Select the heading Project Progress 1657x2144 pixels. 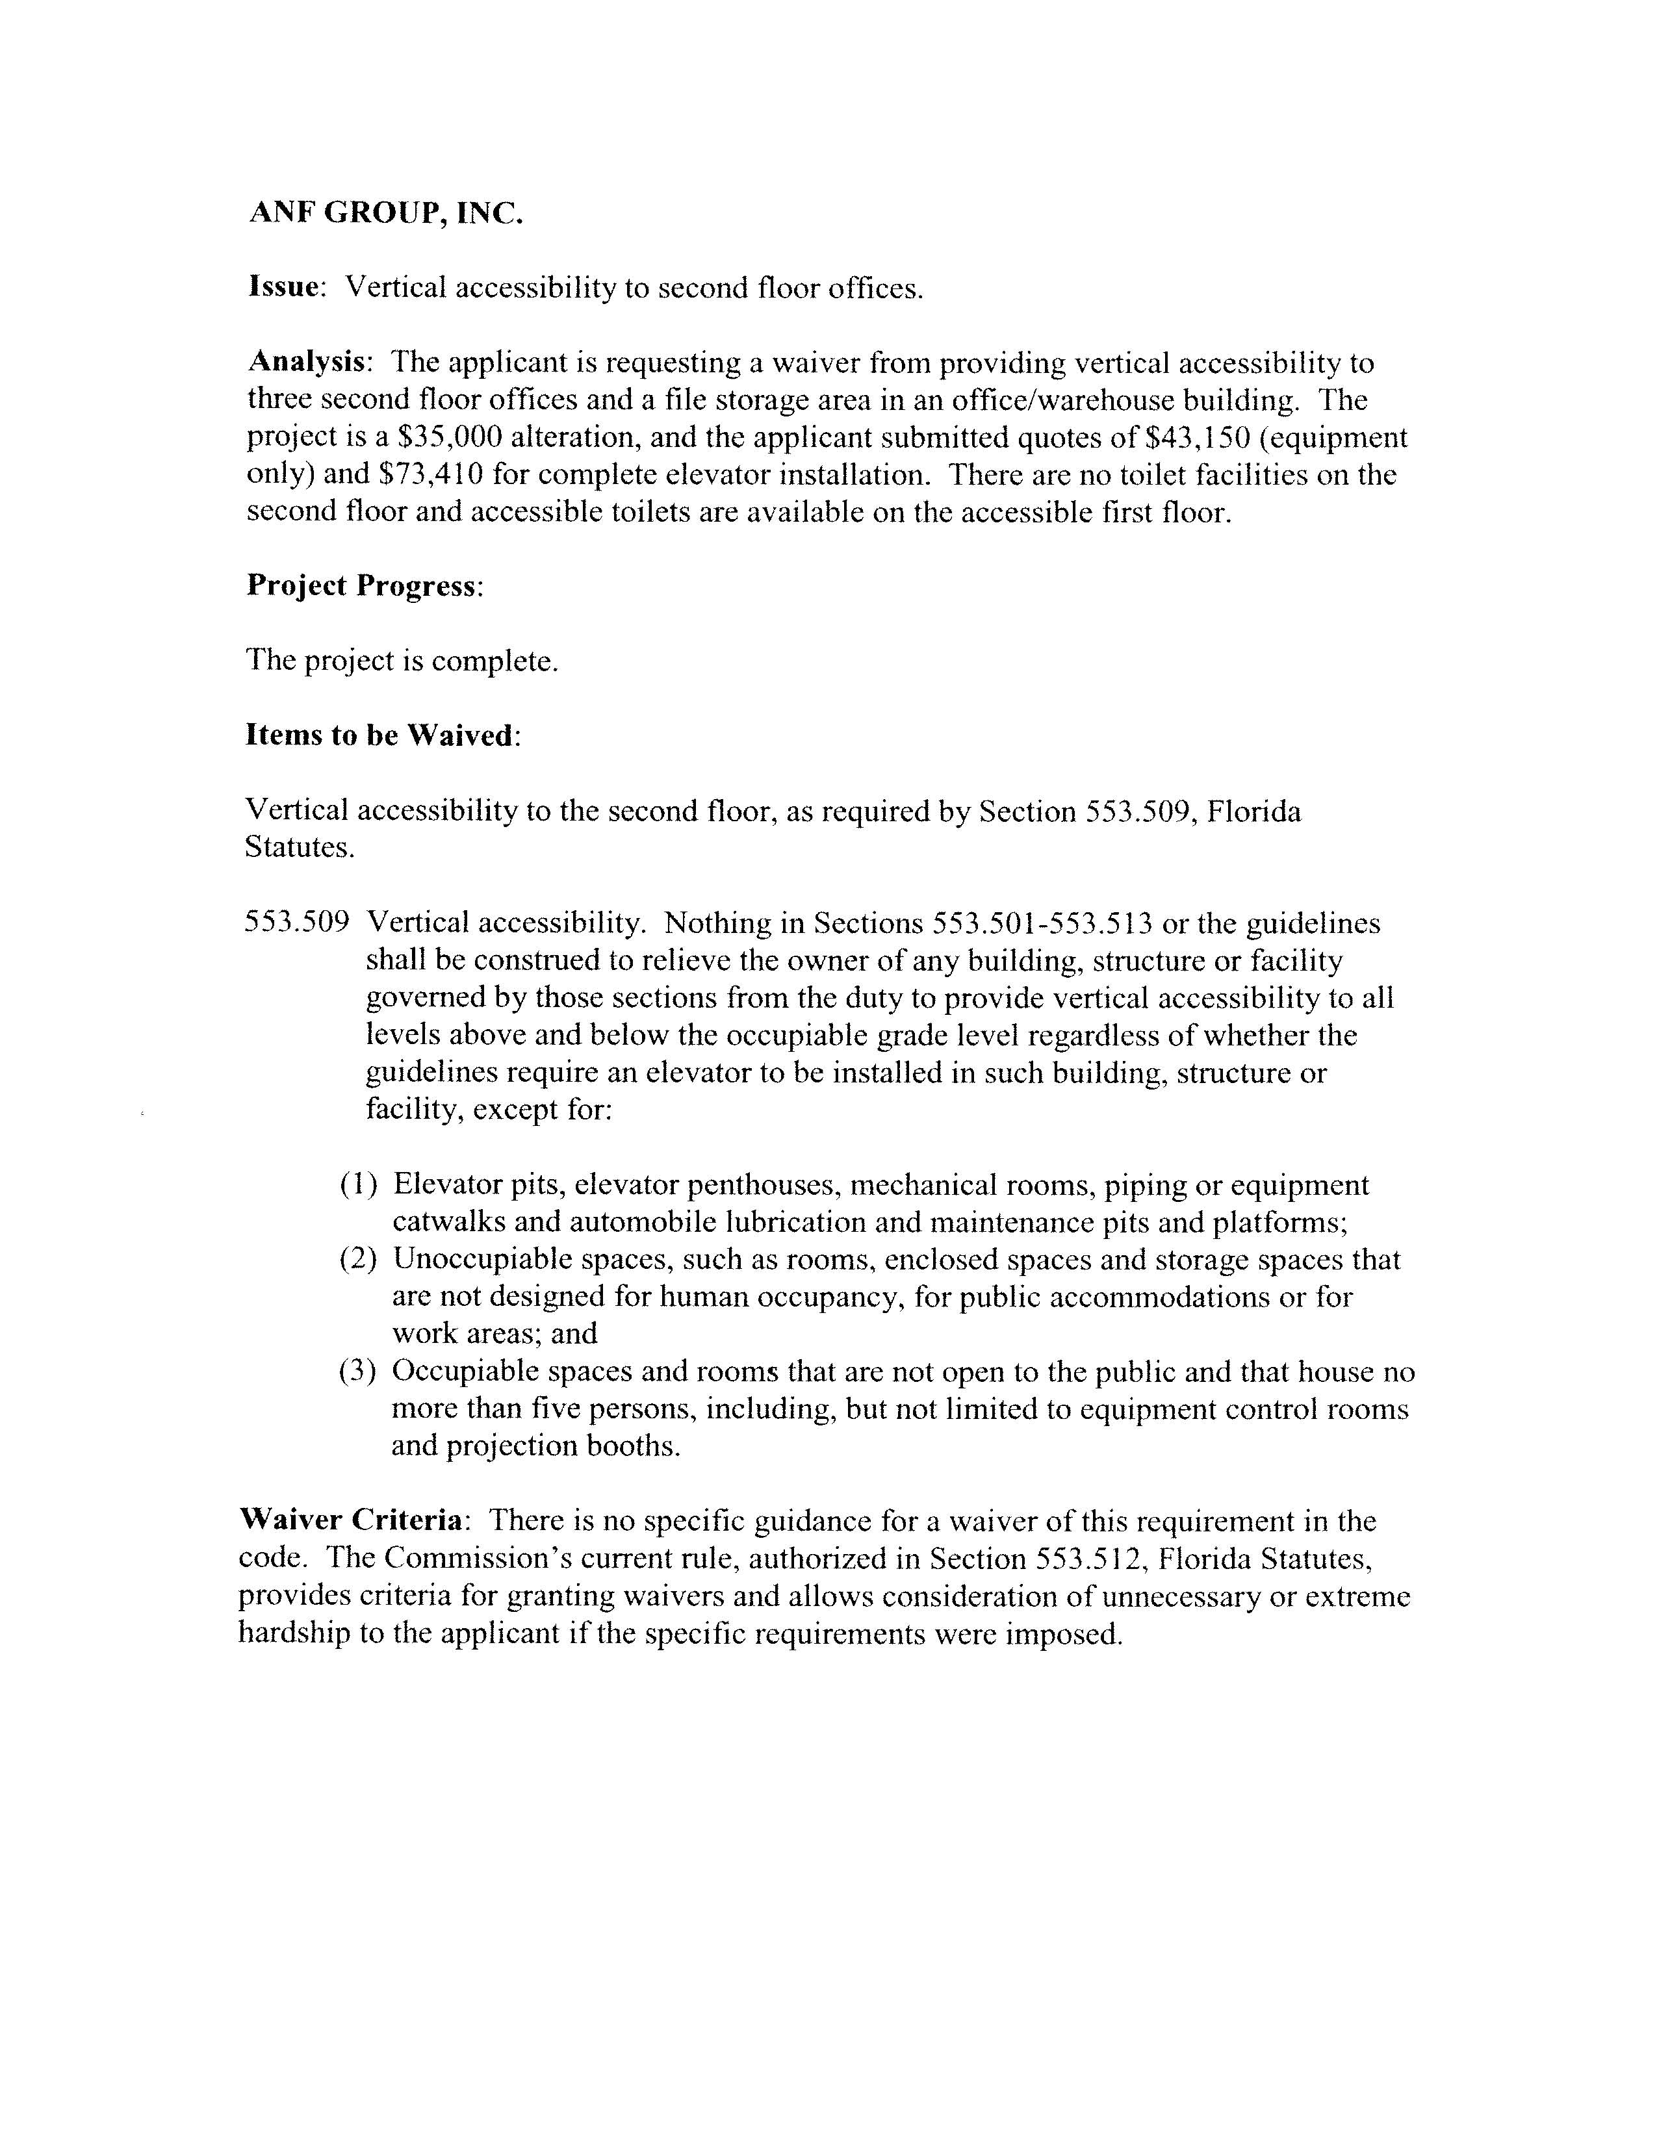click(x=363, y=585)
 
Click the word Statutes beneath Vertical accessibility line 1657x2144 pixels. click(x=298, y=847)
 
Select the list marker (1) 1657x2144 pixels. click(x=358, y=1186)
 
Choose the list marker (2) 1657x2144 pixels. click(x=358, y=1260)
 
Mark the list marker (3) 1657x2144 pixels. click(x=358, y=1372)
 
